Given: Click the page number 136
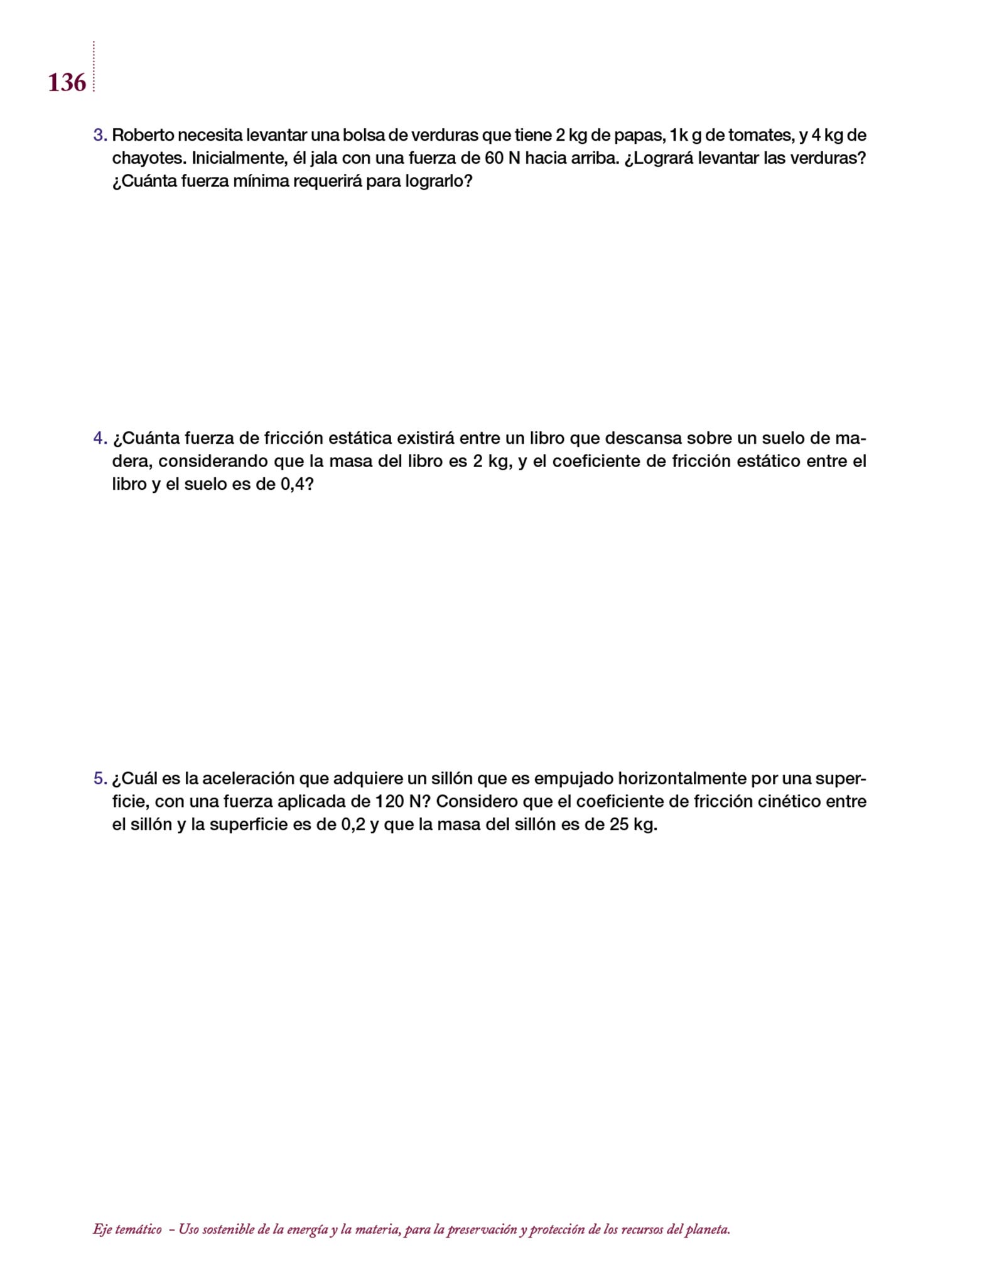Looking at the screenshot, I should (x=67, y=83).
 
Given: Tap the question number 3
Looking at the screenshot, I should (x=99, y=135).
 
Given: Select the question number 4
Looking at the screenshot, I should (x=99, y=438).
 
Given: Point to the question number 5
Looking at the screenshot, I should (x=99, y=779).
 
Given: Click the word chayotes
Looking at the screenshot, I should (x=147, y=158).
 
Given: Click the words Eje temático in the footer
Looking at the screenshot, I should (x=127, y=1229).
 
